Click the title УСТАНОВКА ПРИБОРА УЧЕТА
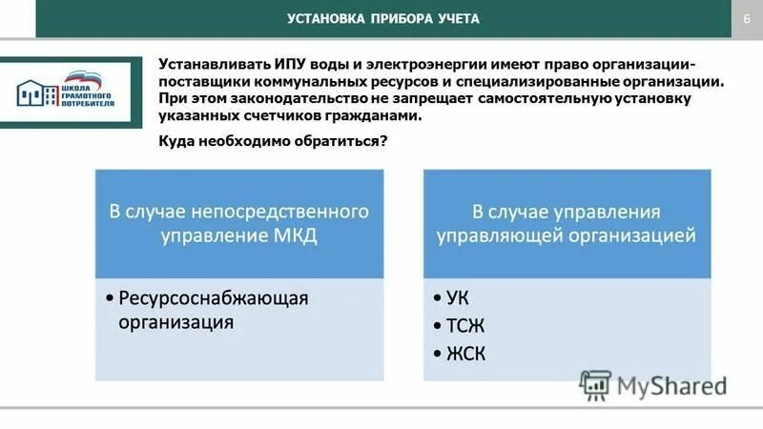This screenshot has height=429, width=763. (383, 19)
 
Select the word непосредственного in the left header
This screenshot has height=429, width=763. (286, 210)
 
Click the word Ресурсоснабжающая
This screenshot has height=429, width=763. (214, 297)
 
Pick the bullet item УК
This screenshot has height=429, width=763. (458, 297)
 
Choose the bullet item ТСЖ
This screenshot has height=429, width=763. (465, 325)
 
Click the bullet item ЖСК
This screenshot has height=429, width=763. (465, 354)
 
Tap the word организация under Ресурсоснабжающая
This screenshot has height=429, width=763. (176, 323)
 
